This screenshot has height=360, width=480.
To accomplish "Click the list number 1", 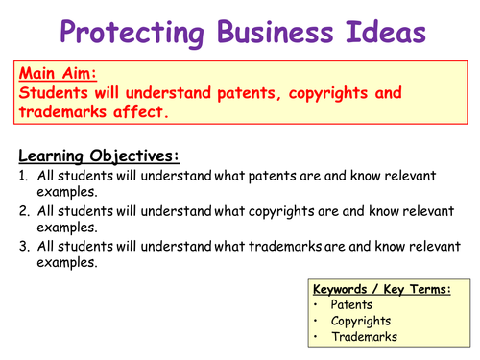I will pos(24,176).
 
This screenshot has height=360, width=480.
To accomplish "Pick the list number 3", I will pos(24,247).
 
